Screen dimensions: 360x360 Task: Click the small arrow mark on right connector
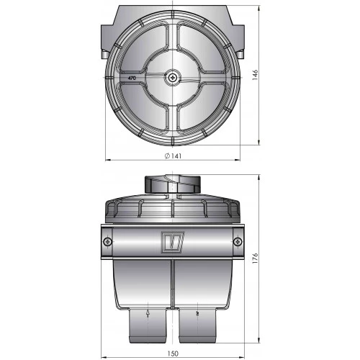click(x=196, y=314)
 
